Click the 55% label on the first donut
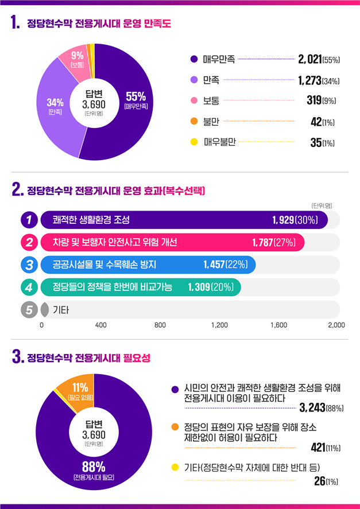136,96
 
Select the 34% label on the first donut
56,103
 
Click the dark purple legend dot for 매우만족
193,59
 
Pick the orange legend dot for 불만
193,121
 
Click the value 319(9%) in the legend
321,100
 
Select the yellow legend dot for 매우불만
193,142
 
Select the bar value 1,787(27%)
274,243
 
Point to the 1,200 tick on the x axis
219,325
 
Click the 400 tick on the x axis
101,325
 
